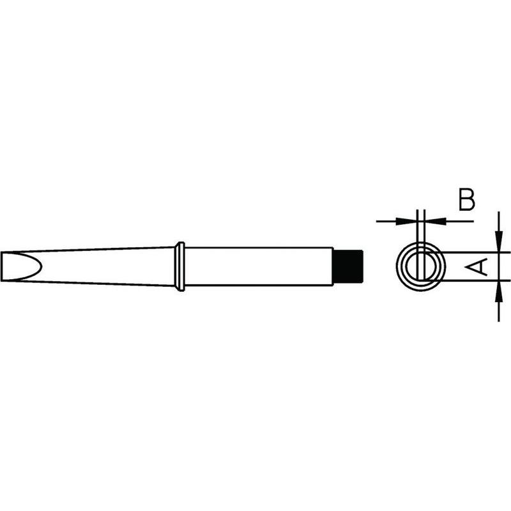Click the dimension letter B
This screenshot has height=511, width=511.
click(x=467, y=200)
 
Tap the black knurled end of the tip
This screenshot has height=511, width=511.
click(x=349, y=265)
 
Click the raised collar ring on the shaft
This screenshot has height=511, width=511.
click(x=180, y=266)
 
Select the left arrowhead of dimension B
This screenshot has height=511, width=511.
click(x=408, y=222)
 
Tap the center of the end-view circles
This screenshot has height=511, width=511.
click(x=420, y=266)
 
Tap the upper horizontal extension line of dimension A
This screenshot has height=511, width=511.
click(x=473, y=252)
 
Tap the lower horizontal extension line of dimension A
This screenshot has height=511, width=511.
click(x=473, y=280)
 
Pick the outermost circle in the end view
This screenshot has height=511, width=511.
click(x=397, y=266)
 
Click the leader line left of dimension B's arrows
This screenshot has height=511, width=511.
click(x=386, y=222)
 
